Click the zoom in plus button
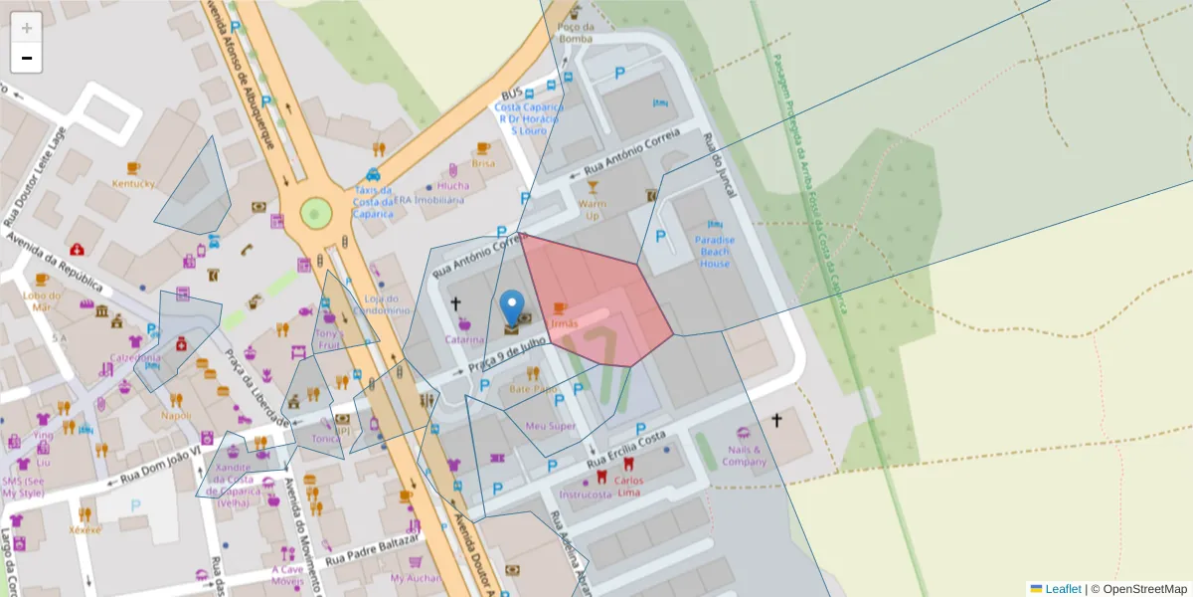click(27, 28)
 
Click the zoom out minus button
click(27, 58)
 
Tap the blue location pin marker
click(512, 308)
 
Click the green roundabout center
click(315, 212)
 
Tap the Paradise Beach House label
click(714, 252)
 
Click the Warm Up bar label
click(593, 209)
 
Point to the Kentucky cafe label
click(133, 183)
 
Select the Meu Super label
click(550, 426)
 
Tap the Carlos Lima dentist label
click(628, 487)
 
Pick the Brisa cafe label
click(483, 163)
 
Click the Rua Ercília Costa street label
click(624, 451)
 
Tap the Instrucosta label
click(586, 494)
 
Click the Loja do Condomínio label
click(388, 304)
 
